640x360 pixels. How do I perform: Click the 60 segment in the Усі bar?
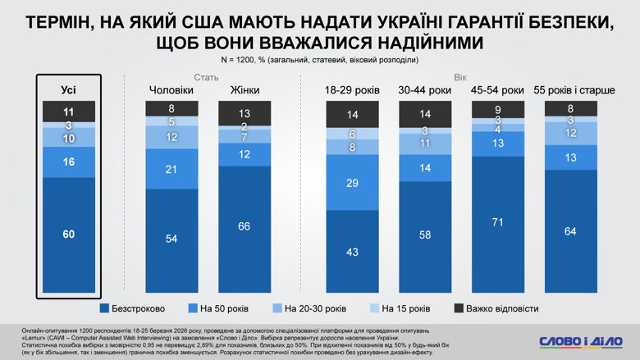(x=68, y=235)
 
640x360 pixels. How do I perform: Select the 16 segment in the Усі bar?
(x=68, y=162)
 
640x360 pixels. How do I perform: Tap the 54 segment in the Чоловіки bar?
(x=171, y=239)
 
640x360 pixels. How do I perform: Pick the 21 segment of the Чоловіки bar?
(x=171, y=169)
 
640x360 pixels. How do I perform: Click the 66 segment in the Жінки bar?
(x=244, y=227)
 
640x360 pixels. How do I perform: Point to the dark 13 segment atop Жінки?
(x=244, y=114)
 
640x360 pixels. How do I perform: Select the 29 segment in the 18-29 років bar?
(x=352, y=183)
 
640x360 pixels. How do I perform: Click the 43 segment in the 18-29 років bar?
(x=352, y=251)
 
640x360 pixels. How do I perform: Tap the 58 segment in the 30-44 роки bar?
(x=424, y=235)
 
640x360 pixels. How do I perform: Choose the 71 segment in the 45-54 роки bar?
(x=496, y=222)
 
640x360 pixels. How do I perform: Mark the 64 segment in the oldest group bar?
(x=570, y=230)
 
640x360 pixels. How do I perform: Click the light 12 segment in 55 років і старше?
(x=570, y=133)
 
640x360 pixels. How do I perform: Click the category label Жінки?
(x=244, y=89)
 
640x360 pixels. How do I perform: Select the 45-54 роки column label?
(x=496, y=89)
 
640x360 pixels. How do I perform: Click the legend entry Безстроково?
(x=132, y=308)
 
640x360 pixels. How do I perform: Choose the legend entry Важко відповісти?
(x=496, y=308)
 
